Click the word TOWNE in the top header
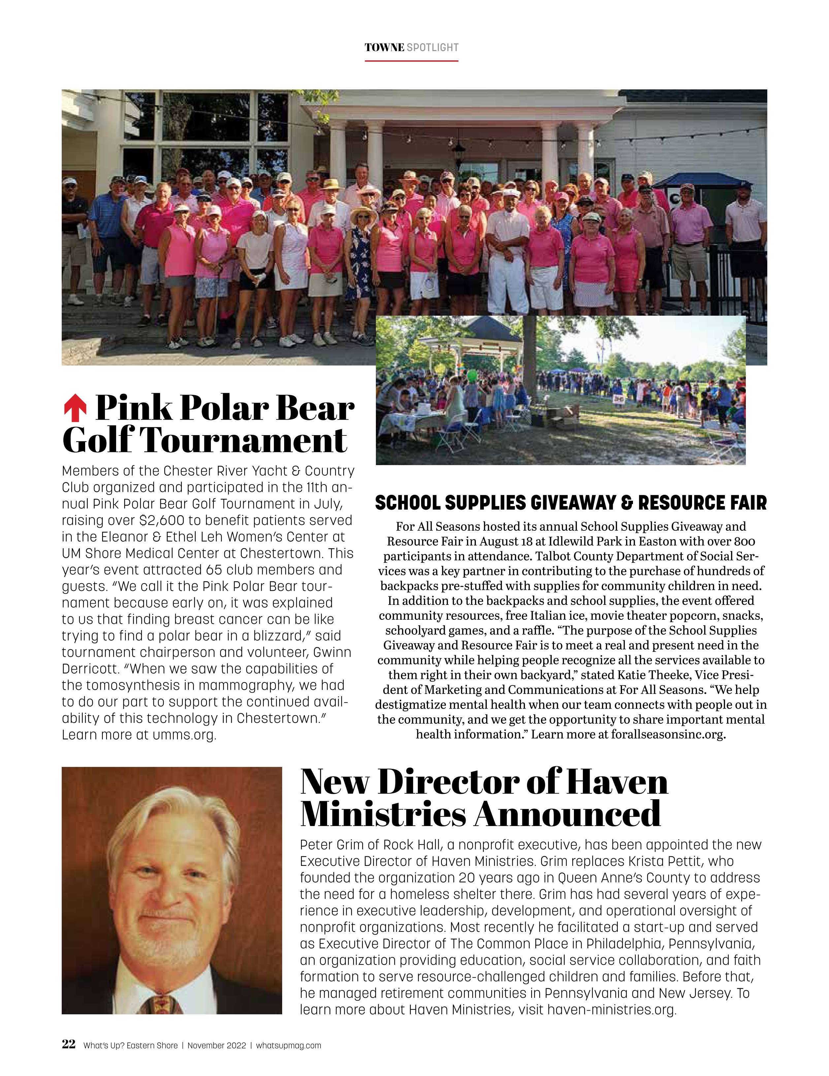point(384,48)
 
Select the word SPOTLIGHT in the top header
point(433,48)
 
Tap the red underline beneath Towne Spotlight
point(411,61)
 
